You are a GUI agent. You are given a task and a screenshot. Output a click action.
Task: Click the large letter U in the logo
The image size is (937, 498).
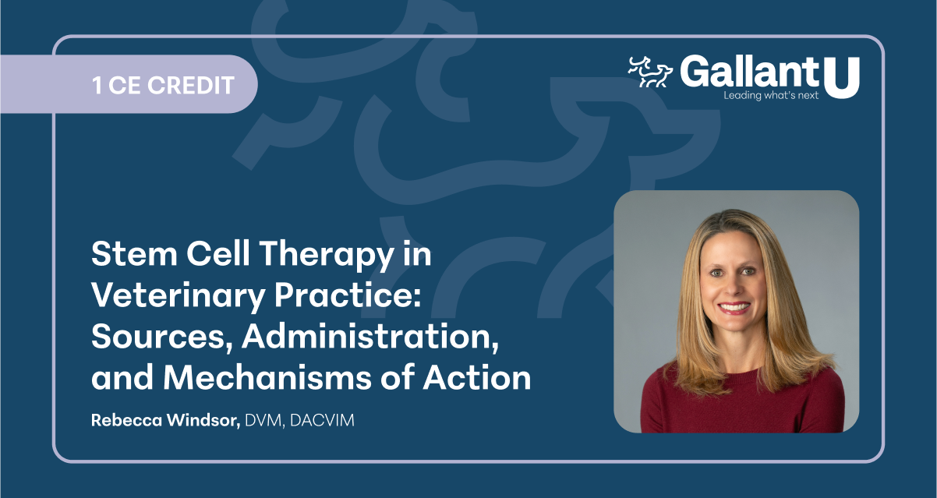pos(841,76)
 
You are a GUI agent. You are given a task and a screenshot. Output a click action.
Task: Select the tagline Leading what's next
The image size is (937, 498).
pos(771,96)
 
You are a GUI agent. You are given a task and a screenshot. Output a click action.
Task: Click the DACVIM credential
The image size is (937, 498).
pos(322,420)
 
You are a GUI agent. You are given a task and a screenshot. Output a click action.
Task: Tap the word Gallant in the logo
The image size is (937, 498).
pos(748,72)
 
